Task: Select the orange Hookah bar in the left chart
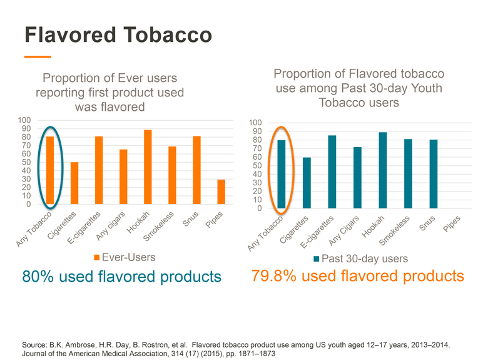148,167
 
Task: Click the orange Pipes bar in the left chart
221,192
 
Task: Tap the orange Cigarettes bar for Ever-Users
74,183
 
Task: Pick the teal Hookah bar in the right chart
382,170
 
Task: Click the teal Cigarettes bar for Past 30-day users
307,183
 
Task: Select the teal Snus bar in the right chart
433,174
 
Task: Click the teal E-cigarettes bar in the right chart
332,172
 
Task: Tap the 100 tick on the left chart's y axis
24,120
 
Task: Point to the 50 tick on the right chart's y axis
255,165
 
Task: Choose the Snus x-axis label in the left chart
191,220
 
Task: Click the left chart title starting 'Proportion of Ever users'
109,92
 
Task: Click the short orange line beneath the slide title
37,57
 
